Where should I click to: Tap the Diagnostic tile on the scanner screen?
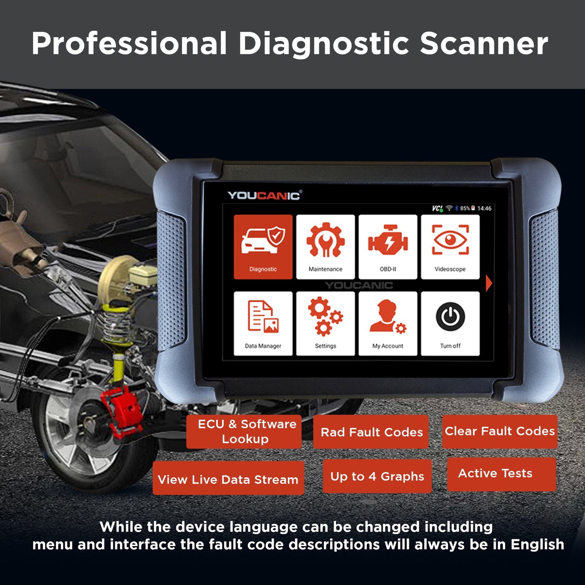click(263, 247)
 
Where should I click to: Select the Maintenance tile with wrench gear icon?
click(325, 247)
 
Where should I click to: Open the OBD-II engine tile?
click(388, 247)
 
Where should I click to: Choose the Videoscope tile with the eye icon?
click(450, 247)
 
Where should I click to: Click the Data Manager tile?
click(263, 323)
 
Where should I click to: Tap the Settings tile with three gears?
click(325, 323)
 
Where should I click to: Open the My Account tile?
click(388, 323)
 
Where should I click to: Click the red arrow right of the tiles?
click(489, 283)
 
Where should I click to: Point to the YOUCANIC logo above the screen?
click(264, 196)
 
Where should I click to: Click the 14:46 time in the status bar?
click(484, 208)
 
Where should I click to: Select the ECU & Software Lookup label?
click(244, 432)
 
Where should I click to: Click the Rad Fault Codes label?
click(371, 432)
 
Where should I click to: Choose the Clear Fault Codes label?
click(500, 431)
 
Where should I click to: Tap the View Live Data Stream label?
click(228, 479)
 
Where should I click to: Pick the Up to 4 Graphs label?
click(377, 477)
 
